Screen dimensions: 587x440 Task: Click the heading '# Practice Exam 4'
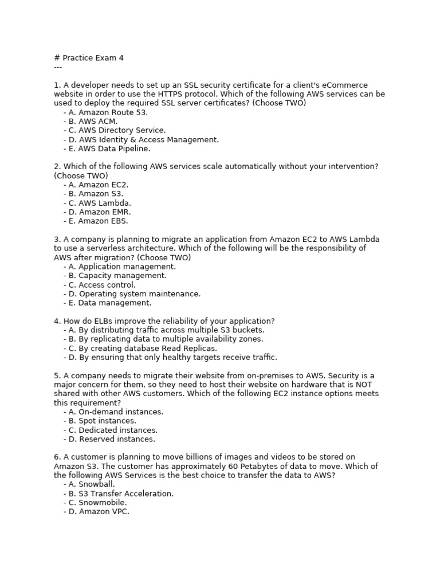89,58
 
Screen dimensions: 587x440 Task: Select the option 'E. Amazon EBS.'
99,221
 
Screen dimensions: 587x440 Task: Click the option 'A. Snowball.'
92,484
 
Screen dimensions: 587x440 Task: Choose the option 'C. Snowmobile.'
98,503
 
